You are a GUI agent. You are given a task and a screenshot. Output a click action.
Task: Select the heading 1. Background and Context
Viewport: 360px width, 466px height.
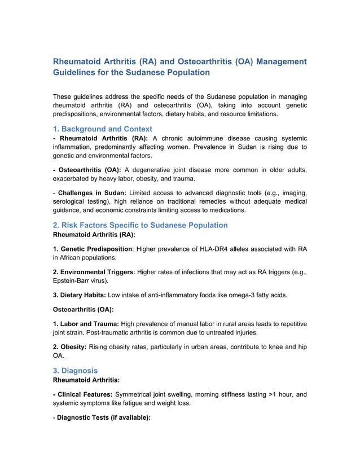point(102,129)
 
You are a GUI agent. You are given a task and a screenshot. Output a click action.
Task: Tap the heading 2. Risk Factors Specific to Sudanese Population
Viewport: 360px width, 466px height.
point(140,225)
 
